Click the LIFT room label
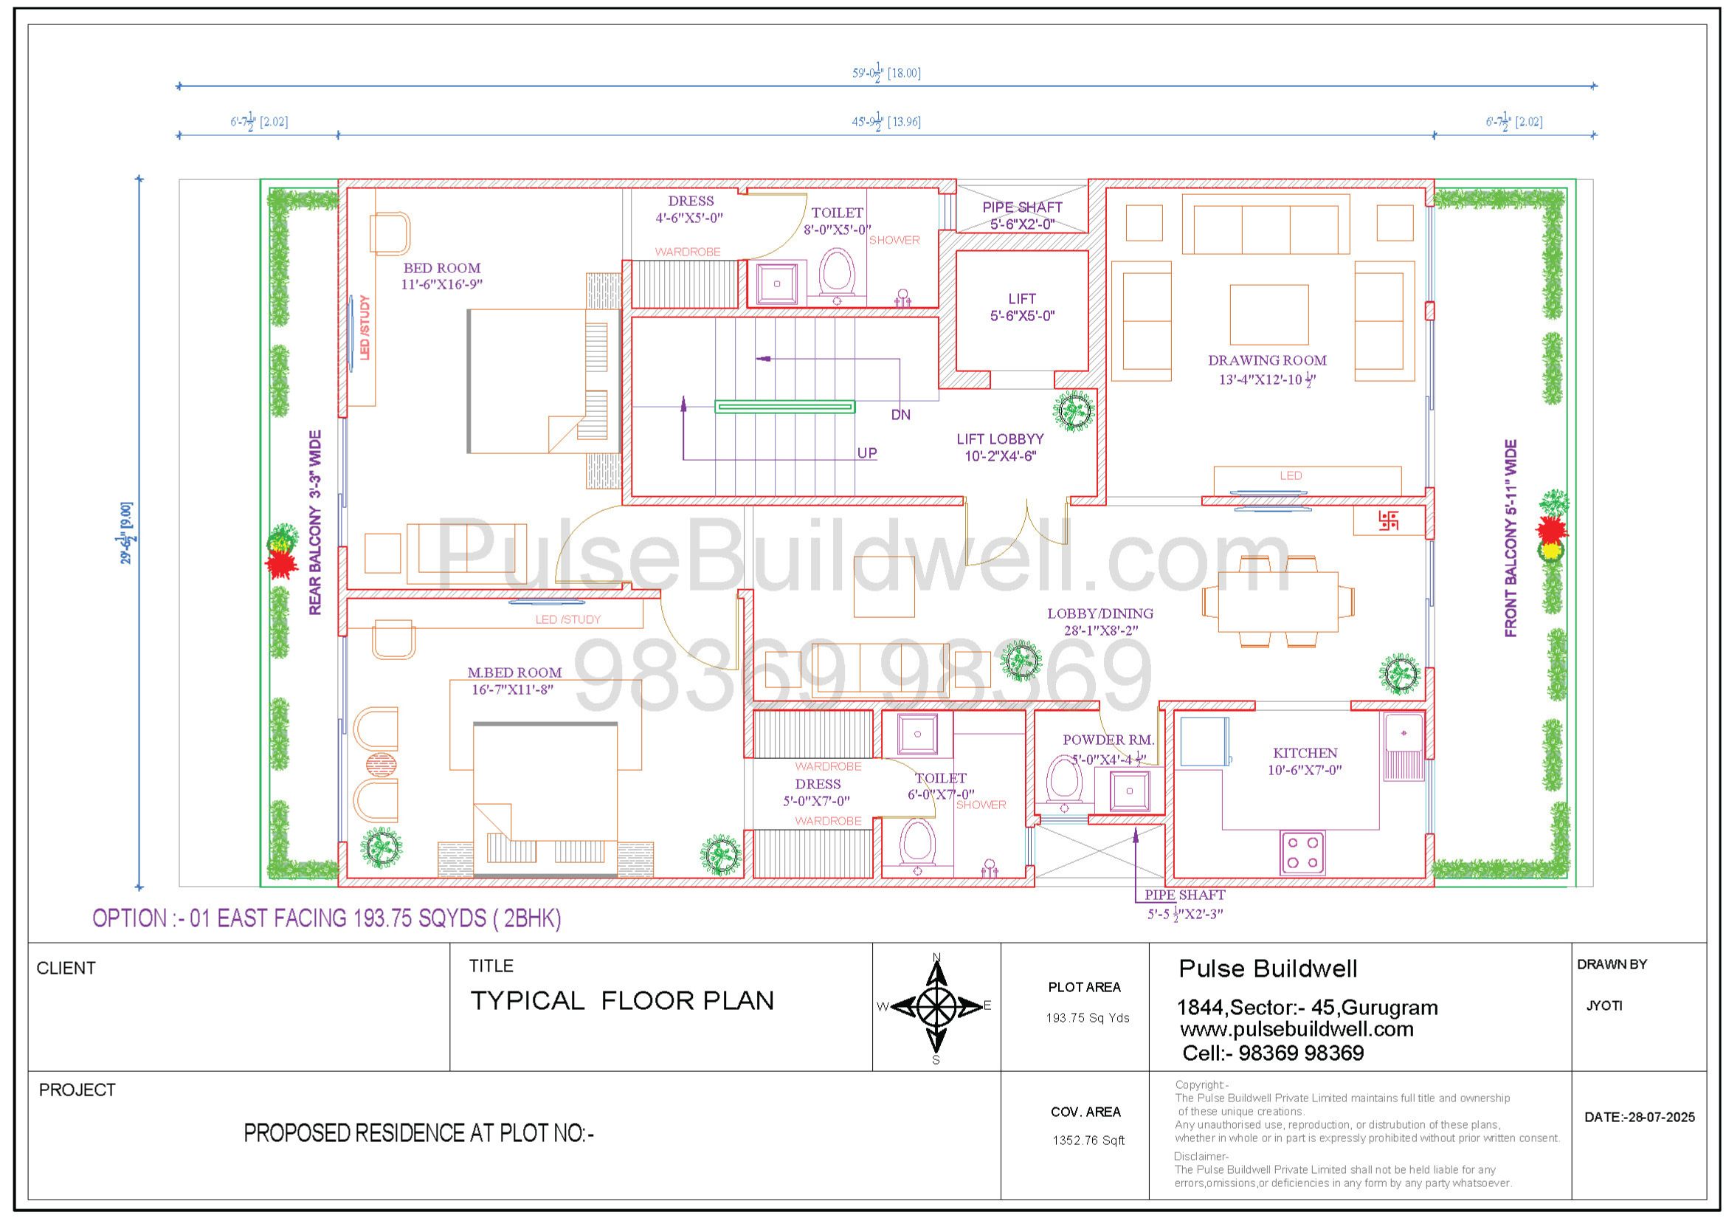[x=1021, y=298]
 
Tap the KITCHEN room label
[x=1305, y=752]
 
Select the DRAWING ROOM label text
[x=1268, y=360]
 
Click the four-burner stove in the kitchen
[x=1302, y=853]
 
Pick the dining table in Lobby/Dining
[x=1278, y=602]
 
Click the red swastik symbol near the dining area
[x=1389, y=520]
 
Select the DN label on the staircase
[x=900, y=414]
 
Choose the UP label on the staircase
[x=867, y=453]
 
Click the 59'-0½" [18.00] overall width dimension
[x=886, y=74]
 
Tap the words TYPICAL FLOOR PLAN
[x=621, y=1001]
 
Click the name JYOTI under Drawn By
[x=1604, y=1006]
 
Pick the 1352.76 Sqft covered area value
[x=1088, y=1141]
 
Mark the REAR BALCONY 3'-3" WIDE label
[x=315, y=523]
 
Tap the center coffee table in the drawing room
[x=1269, y=314]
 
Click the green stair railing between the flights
[x=784, y=407]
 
